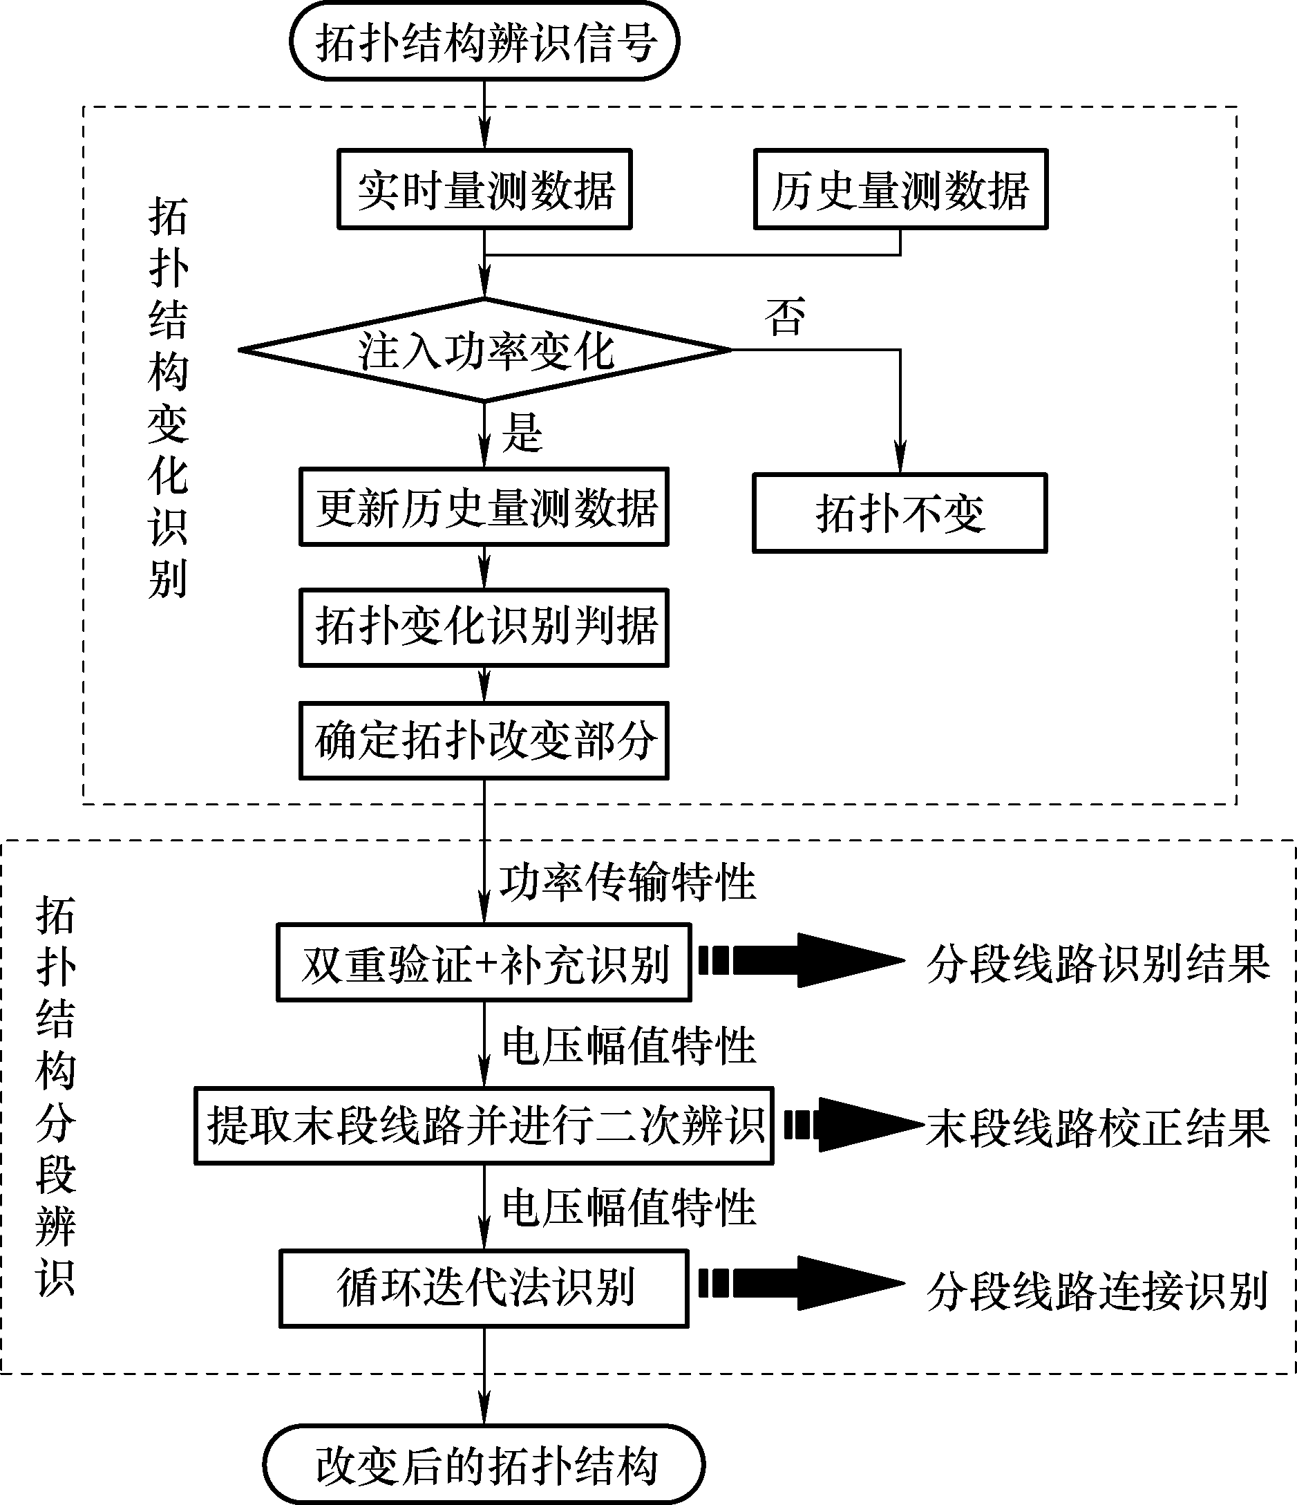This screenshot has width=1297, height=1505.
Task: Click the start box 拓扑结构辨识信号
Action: coord(484,41)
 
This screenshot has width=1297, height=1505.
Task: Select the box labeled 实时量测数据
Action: coord(484,189)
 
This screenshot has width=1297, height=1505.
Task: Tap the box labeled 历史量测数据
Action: coord(900,189)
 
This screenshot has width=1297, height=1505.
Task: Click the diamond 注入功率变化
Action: coord(484,350)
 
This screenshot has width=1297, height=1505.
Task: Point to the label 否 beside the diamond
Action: coord(784,317)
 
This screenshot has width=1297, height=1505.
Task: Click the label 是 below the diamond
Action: coord(522,433)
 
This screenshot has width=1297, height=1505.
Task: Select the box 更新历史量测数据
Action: coord(484,507)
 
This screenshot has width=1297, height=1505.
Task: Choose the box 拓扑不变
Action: coord(900,514)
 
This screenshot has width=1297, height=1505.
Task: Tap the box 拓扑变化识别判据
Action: coord(484,627)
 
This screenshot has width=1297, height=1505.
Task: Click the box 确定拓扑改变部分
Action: coord(484,741)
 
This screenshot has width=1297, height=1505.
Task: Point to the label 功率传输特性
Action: coord(627,882)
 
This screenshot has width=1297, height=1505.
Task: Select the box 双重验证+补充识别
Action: coord(484,963)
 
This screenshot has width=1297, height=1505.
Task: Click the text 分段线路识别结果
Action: coord(1098,963)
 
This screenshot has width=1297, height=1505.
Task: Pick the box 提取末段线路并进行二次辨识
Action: coord(484,1126)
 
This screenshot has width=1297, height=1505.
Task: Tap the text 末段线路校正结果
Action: coord(1098,1128)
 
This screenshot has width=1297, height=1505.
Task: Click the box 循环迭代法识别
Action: coord(484,1289)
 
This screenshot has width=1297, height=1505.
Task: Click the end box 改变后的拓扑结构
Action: coord(484,1464)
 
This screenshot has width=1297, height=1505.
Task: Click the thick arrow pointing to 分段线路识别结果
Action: coord(802,960)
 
